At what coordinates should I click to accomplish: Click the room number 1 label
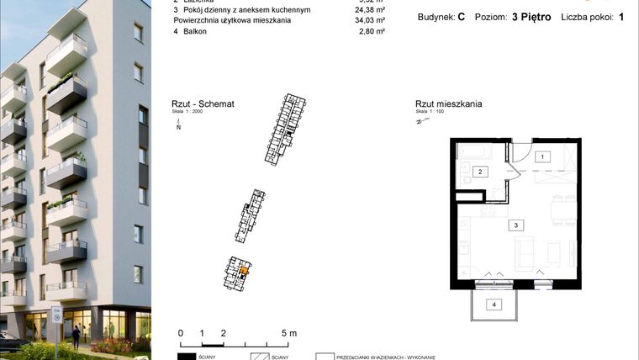(543, 157)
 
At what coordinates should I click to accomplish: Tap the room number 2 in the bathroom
(480, 172)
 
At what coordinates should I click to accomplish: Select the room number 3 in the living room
(517, 225)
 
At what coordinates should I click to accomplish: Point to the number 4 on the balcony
(494, 304)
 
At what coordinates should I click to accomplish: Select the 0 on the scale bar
(181, 333)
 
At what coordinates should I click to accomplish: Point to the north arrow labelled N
(178, 126)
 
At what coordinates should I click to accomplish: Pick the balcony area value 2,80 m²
(372, 31)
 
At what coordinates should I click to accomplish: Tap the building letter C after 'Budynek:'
(462, 17)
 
